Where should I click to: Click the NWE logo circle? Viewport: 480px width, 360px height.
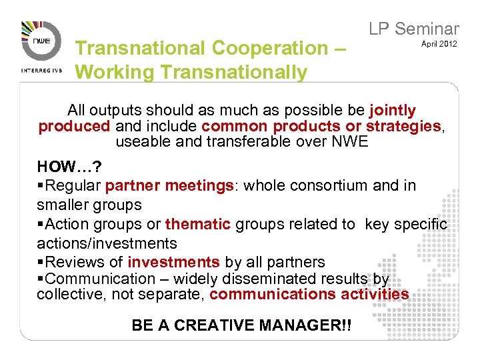coord(41,42)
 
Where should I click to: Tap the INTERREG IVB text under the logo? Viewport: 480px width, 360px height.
coord(41,69)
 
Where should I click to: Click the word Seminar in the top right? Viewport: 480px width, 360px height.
coord(427,29)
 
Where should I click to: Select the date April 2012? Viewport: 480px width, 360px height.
coord(439,44)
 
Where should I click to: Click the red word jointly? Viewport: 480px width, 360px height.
coord(392,111)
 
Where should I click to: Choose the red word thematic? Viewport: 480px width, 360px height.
coord(197,225)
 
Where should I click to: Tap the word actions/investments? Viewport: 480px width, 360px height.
coord(107,243)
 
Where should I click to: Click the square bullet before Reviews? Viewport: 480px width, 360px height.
coord(40,263)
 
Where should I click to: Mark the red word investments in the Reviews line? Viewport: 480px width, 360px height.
coord(173,262)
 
